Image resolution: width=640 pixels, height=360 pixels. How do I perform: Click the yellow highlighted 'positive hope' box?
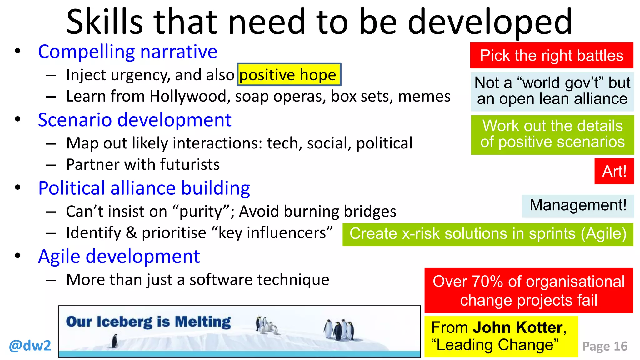pos(289,74)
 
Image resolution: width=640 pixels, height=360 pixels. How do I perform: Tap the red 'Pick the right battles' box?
pos(552,56)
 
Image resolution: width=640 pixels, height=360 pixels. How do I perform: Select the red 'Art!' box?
pos(614,171)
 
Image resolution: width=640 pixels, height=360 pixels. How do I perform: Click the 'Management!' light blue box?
pos(578,206)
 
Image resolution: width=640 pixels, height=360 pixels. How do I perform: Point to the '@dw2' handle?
pos(30,346)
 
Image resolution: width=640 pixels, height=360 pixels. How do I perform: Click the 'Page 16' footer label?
pos(605,346)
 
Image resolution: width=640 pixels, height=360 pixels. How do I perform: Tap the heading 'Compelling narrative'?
pos(127,52)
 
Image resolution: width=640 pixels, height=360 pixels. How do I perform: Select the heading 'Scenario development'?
pos(134,120)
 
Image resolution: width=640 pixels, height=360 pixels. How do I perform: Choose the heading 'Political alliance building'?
pos(144,188)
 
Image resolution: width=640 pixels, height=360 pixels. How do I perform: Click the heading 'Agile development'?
pos(119,257)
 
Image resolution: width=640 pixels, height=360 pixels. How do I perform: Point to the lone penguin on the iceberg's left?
pos(115,341)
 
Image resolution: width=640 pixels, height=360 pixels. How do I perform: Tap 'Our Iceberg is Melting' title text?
pos(148,322)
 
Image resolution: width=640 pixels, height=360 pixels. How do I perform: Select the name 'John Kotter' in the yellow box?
pos(517,327)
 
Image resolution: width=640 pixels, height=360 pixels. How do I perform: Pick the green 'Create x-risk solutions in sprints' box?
pos(488,234)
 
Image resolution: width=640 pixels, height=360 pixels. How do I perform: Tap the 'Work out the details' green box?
pos(552,134)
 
